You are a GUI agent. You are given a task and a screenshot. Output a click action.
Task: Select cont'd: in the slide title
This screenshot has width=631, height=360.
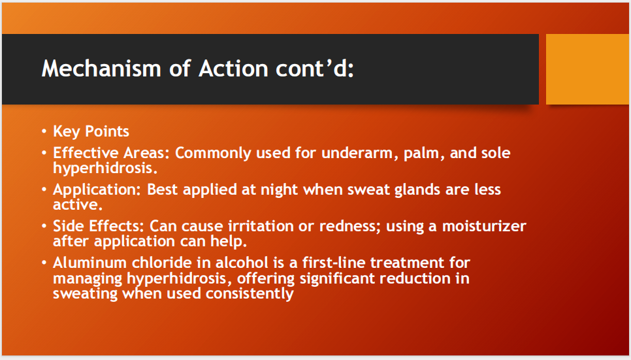click(x=315, y=69)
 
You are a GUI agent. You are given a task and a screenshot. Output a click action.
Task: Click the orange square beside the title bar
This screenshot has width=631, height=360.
click(x=587, y=69)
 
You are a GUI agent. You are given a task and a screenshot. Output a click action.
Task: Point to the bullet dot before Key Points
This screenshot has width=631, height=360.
click(x=44, y=132)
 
